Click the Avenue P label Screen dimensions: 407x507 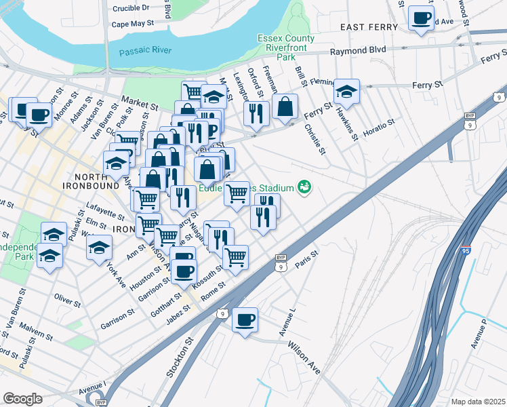coord(483,333)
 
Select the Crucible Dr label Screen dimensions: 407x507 coord(130,8)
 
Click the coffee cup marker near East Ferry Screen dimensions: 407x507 coord(420,18)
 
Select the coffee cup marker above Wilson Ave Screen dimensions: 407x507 coord(245,319)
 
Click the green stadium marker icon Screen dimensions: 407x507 coord(304,187)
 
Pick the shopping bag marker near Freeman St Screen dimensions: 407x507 coord(285,106)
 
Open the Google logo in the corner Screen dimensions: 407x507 coord(22,398)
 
